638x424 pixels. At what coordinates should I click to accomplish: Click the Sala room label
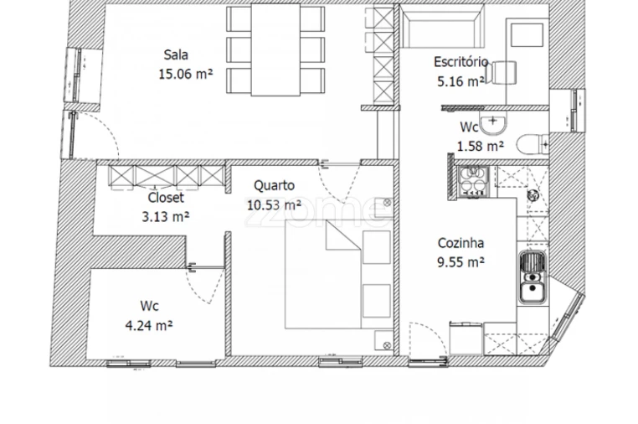tap(176, 54)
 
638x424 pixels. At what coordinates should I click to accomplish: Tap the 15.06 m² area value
tap(186, 74)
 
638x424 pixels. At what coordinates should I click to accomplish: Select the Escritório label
tap(460, 62)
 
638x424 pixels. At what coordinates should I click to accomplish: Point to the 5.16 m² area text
tap(460, 81)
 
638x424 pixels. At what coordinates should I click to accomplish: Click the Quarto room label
tap(275, 186)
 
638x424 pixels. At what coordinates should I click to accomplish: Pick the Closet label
tap(166, 198)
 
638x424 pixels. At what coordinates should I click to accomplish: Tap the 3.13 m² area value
tap(165, 217)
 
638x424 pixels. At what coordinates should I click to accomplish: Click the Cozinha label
tap(460, 243)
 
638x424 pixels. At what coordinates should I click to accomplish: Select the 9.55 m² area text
tap(460, 262)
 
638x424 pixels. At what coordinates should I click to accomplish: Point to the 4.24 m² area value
tap(149, 325)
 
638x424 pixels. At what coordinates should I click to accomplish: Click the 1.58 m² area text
tap(481, 146)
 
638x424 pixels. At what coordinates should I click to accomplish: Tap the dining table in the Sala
tap(275, 49)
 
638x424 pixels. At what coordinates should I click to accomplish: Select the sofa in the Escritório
tap(442, 27)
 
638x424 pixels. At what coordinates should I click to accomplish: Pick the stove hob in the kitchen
tap(473, 181)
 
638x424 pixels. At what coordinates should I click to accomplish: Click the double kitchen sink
tap(533, 277)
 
